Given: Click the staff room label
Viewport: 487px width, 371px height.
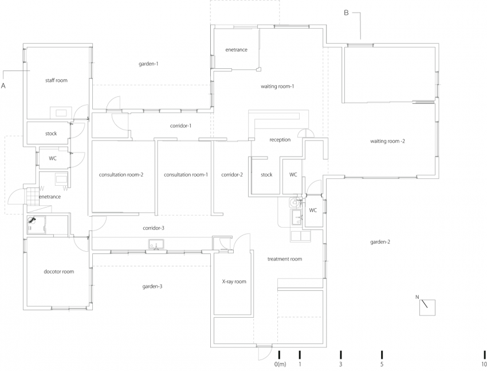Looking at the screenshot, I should point(56,80).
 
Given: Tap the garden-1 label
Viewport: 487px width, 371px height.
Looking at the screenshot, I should point(148,64).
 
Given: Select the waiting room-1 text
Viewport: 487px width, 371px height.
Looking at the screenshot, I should point(277,87).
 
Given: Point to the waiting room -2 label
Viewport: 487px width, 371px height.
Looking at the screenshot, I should point(388,141).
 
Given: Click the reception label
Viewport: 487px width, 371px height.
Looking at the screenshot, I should point(280,139).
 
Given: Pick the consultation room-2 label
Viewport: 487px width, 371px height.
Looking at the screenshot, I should point(121,174).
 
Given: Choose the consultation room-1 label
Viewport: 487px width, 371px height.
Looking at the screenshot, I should point(186,174).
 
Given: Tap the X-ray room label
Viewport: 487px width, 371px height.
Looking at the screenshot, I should point(234,282).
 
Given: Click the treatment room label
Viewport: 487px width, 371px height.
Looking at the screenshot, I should point(285,259).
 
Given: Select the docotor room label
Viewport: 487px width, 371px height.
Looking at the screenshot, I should point(59,271).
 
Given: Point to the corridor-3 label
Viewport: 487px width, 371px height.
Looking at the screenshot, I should point(154,228).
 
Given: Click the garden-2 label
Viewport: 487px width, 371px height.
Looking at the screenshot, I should point(380,242).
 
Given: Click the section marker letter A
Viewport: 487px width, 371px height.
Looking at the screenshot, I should point(3,85).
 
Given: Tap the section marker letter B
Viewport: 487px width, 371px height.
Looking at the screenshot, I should point(346,13).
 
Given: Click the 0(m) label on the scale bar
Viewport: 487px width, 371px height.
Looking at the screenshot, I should point(280,365).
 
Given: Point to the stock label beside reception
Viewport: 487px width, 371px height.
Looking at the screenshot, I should point(266,174).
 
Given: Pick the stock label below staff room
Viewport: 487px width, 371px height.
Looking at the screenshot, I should point(51,134).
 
